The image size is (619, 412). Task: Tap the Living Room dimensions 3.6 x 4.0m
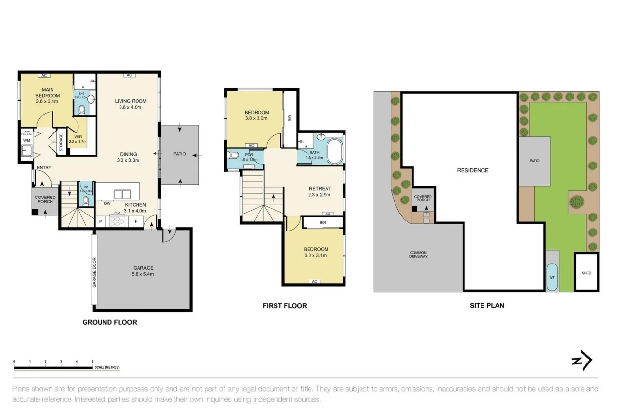[x=130, y=107]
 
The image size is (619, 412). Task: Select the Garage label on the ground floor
[x=143, y=268]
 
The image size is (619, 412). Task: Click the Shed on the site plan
[x=586, y=273]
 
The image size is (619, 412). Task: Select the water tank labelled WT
[x=552, y=277]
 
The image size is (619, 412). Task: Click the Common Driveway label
[x=418, y=255]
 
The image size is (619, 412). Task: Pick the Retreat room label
[x=320, y=189]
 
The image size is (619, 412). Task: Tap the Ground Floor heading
[x=109, y=322]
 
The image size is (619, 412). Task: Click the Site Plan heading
[x=486, y=305]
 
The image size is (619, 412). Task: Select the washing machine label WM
[x=26, y=141]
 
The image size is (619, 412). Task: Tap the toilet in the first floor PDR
[x=233, y=156]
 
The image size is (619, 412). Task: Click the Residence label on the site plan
[x=472, y=170]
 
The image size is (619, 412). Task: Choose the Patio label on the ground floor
[x=179, y=154]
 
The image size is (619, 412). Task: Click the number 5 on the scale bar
[x=92, y=362]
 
